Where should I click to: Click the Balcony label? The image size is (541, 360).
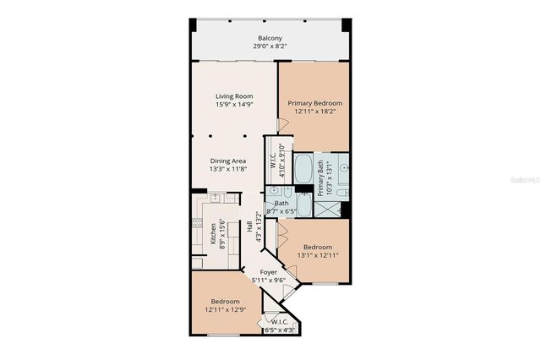pos(270,38)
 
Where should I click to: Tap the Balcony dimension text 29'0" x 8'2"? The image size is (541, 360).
pos(270,47)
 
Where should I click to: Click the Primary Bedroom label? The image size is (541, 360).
pos(314,102)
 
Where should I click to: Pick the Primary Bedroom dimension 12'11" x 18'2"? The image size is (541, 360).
pos(314,111)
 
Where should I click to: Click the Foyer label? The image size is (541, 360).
pos(268,272)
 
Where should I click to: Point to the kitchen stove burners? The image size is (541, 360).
pos(196,226)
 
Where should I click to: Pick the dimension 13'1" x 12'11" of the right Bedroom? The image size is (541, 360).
pos(317,254)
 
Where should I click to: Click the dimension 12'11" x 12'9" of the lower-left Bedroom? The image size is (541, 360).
pos(225,309)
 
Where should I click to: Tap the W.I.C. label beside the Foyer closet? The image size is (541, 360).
pos(277,322)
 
